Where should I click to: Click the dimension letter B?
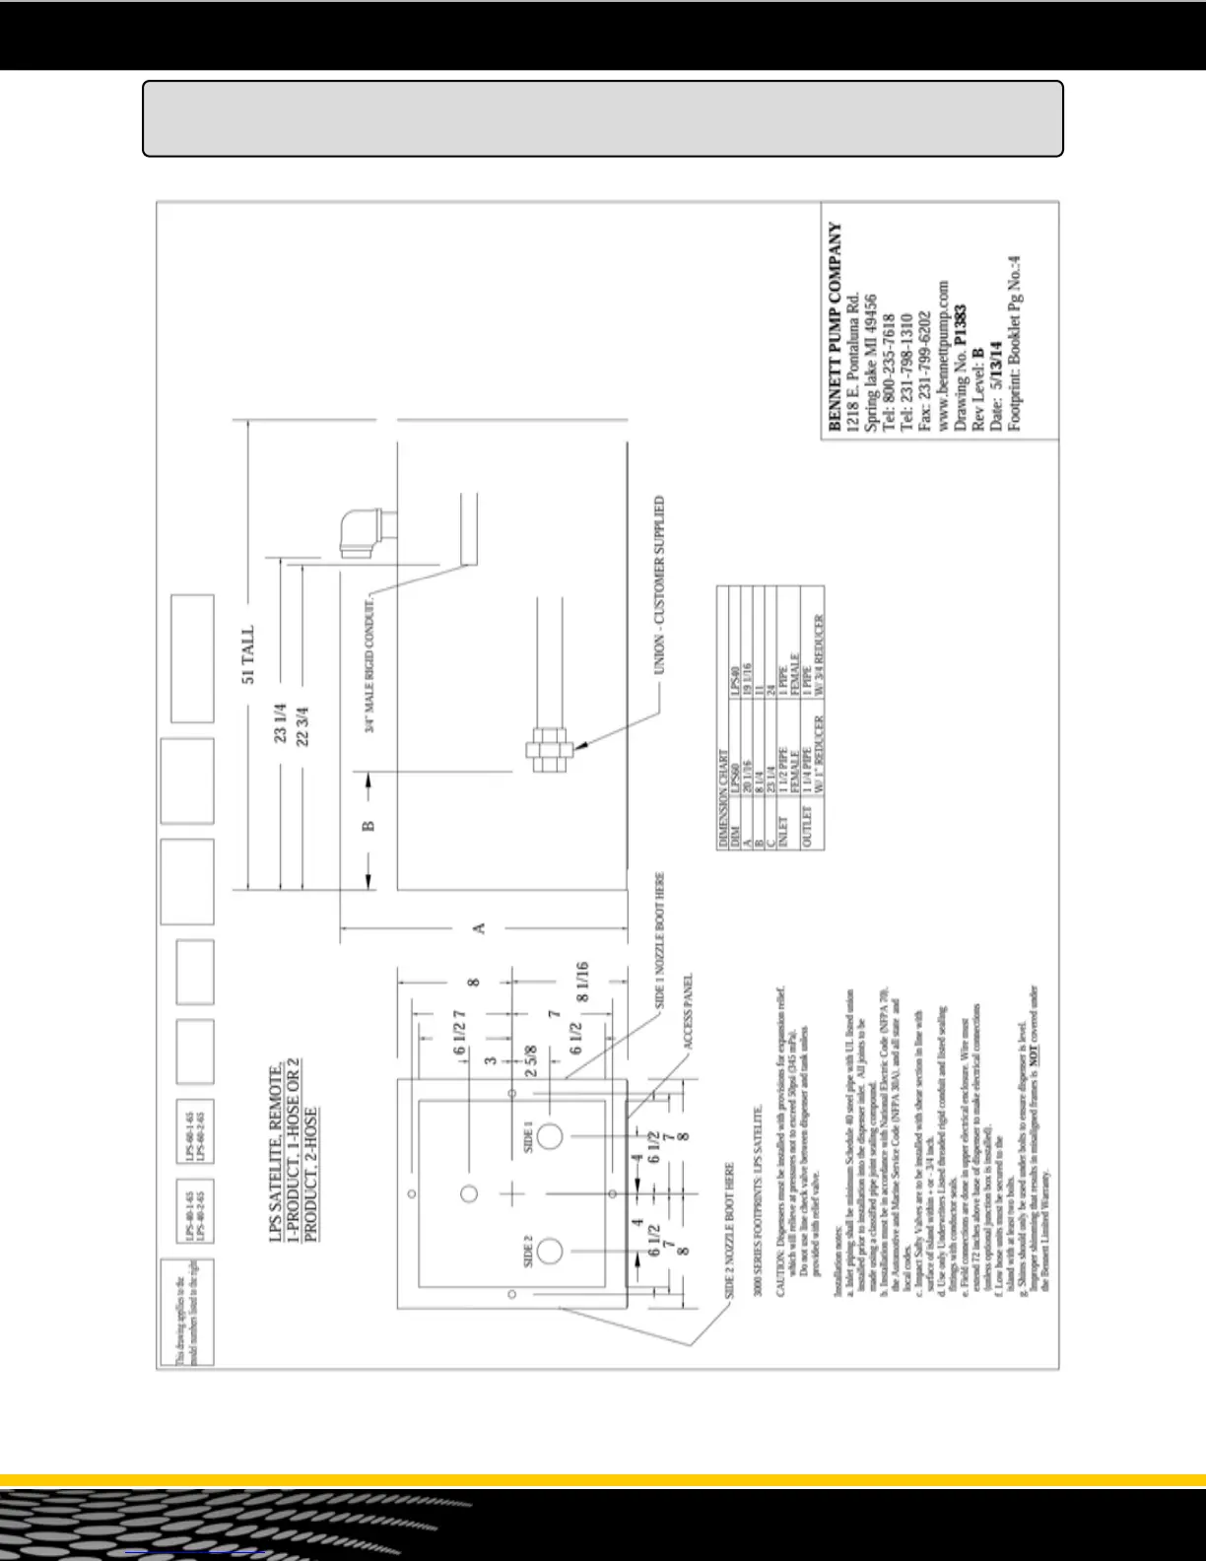tap(369, 825)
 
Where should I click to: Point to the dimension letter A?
tap(480, 928)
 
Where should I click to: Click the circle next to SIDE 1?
tap(551, 1136)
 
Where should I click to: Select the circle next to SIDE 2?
tap(551, 1251)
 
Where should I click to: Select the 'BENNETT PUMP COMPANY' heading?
tap(836, 327)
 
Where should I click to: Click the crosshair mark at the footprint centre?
tap(512, 1193)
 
